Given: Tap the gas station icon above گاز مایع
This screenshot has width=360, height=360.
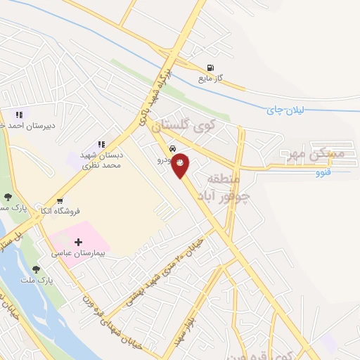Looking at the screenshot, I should click(210, 68).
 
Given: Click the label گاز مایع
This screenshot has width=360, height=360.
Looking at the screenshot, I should click(210, 79).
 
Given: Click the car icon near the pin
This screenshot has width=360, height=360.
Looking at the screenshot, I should click(172, 150).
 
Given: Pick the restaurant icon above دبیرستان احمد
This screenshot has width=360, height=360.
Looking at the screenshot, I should click(19, 114).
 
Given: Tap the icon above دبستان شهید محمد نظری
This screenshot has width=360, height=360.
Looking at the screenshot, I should click(101, 145).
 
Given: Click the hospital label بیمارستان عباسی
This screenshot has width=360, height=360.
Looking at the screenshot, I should click(78, 253).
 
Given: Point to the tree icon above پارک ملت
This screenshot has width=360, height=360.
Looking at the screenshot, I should click(37, 268).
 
